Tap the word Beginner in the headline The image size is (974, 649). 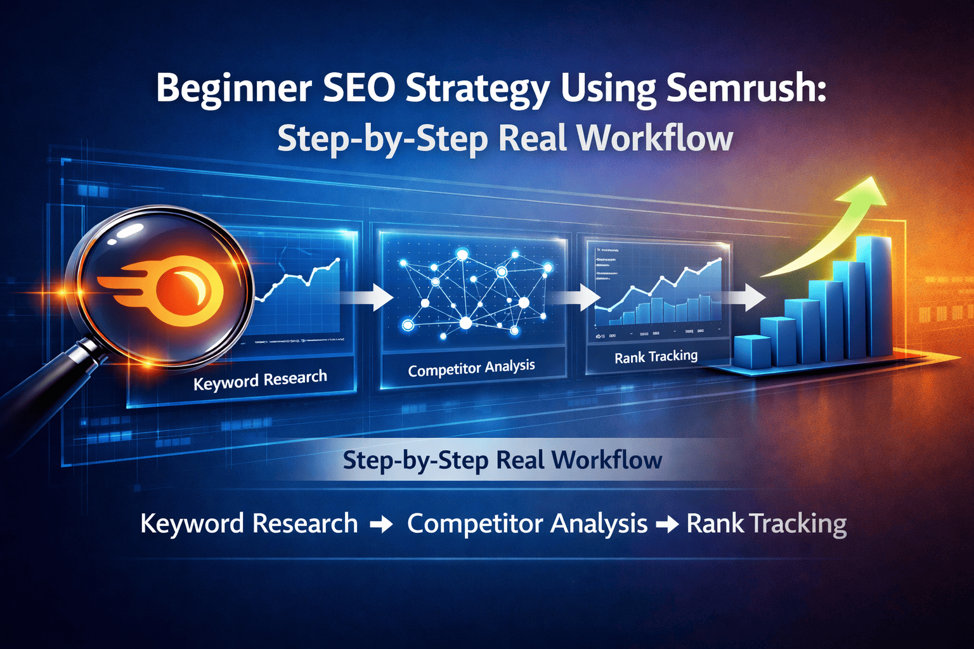pos(233,89)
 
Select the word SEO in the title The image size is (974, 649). pos(359,88)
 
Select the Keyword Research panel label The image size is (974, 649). pos(260,380)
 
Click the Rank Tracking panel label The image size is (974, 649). pos(656,357)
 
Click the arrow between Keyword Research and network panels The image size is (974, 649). pos(370,297)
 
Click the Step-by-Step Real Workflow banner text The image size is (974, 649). pos(502,460)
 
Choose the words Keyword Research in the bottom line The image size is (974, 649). pos(249,524)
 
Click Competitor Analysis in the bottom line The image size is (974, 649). pos(527,524)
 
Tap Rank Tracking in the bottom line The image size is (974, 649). pos(766,524)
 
